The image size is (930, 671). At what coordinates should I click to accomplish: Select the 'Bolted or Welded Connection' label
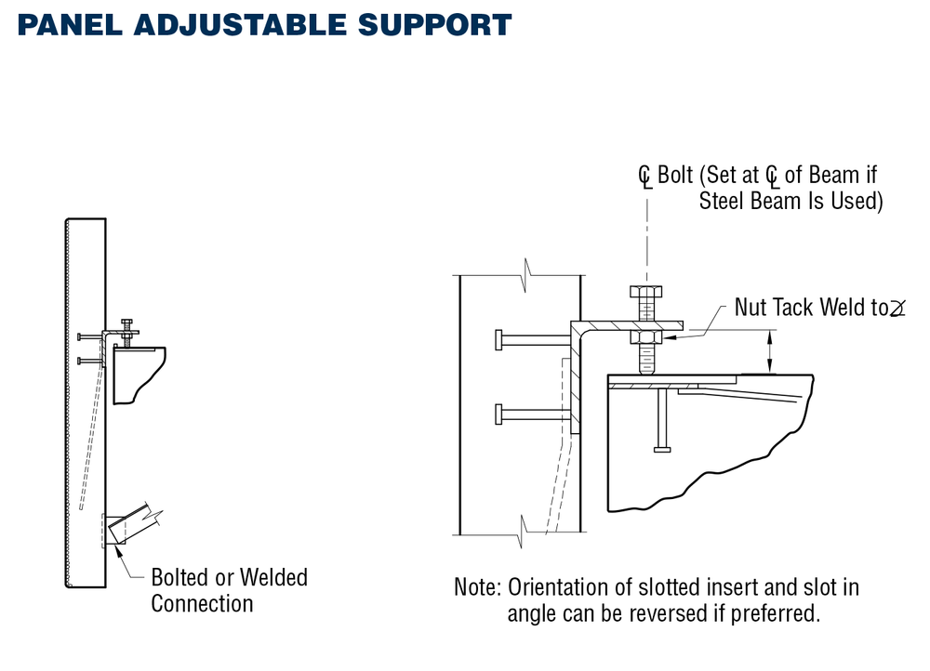(x=229, y=590)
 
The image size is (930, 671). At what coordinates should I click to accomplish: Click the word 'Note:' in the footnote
(x=478, y=587)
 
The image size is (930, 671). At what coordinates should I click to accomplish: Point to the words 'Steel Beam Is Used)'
(x=790, y=200)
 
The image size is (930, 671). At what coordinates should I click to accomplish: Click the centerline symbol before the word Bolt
(x=644, y=177)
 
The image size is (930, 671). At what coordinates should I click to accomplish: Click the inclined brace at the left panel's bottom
(x=130, y=522)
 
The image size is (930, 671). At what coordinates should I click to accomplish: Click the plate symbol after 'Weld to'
(x=898, y=309)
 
